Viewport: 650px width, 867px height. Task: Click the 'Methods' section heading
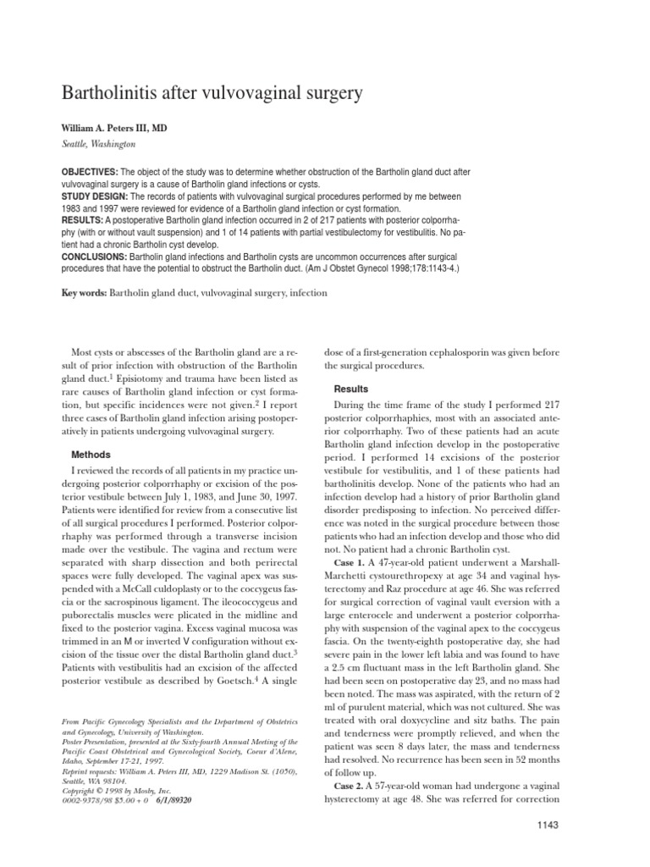(91, 455)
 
